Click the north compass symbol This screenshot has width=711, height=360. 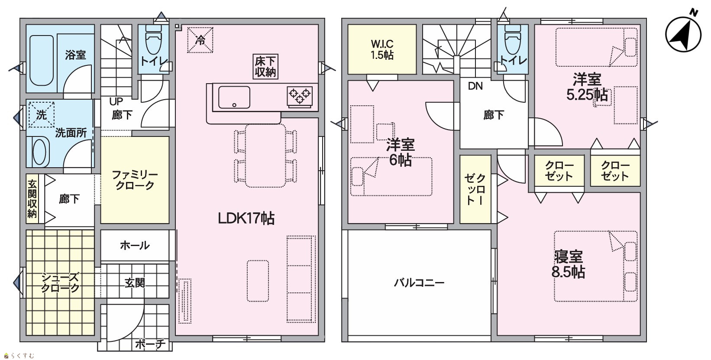pos(683,33)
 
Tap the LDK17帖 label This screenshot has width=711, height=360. pos(246,218)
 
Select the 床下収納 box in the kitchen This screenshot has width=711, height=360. pos(266,66)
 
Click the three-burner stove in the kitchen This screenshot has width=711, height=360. pos(300,96)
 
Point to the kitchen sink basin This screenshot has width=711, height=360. pos(234,97)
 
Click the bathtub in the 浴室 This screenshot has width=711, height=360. pos(42,60)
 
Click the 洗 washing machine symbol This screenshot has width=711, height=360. pos(41,115)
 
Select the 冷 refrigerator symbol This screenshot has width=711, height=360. pos(200,40)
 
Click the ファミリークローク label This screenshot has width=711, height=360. pos(135,180)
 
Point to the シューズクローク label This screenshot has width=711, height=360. pos(60,282)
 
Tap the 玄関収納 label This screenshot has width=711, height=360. pos(32,199)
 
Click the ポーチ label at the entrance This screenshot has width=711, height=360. pos(150,344)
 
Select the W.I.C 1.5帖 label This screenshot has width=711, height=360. pos(382,49)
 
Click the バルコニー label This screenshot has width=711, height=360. pos(419,282)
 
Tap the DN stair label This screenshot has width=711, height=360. pos(475,86)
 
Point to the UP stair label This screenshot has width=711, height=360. pos(116,101)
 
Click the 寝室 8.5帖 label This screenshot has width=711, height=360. pos(568,264)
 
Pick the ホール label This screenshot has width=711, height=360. pos(135,245)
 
